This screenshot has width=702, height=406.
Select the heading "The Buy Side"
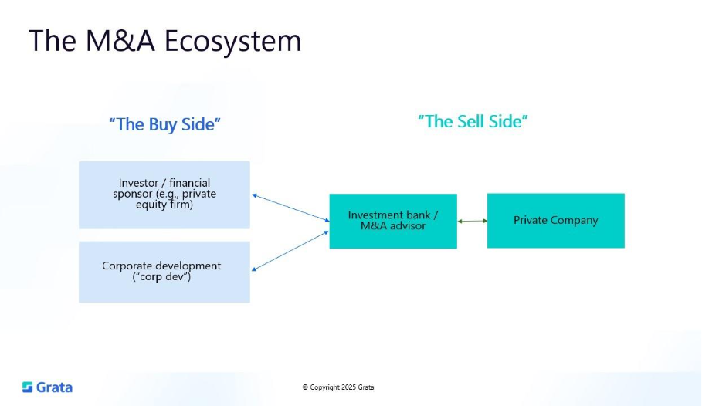click(x=164, y=124)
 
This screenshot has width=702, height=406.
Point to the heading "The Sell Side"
click(x=473, y=121)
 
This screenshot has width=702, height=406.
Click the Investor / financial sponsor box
click(x=164, y=195)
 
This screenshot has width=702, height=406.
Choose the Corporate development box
click(x=164, y=271)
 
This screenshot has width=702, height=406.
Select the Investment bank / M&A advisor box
click(x=393, y=221)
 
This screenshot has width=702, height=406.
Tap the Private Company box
click(x=555, y=221)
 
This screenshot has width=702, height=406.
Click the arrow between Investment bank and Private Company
click(x=472, y=221)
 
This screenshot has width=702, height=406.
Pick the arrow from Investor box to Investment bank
click(x=290, y=207)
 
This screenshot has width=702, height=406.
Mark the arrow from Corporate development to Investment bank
click(x=290, y=250)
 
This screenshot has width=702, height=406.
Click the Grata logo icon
click(x=28, y=387)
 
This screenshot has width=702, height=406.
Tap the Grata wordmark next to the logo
click(x=54, y=387)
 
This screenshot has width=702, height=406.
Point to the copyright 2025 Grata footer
click(x=337, y=387)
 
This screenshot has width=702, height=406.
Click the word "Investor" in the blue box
click(x=138, y=183)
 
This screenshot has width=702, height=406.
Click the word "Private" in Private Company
click(x=531, y=221)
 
